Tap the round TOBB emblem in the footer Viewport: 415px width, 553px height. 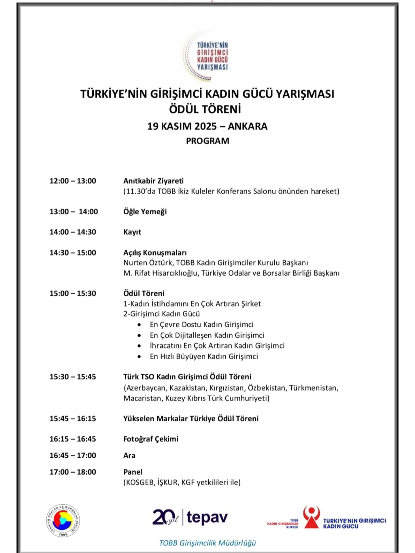(x=63, y=520)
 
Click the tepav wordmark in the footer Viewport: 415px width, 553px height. (x=207, y=518)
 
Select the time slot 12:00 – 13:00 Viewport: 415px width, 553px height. (x=73, y=181)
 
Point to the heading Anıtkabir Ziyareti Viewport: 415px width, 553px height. (x=153, y=181)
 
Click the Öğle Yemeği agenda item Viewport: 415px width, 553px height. (x=145, y=212)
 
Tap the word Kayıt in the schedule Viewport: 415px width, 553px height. (x=132, y=232)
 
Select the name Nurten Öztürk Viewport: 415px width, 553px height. (x=148, y=263)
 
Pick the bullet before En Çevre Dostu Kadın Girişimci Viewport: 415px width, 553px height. (x=139, y=325)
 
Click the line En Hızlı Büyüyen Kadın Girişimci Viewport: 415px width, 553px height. (x=204, y=357)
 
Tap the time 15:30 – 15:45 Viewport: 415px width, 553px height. (x=73, y=377)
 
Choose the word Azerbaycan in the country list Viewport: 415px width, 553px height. (x=146, y=388)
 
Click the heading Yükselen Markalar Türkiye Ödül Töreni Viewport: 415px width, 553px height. (x=191, y=418)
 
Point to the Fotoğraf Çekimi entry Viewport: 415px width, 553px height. (x=151, y=439)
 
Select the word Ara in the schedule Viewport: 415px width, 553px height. (x=129, y=455)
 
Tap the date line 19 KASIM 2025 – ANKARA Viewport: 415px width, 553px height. (x=207, y=126)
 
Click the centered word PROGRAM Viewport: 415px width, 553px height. (x=207, y=141)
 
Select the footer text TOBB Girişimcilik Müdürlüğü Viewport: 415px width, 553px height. (x=207, y=543)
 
